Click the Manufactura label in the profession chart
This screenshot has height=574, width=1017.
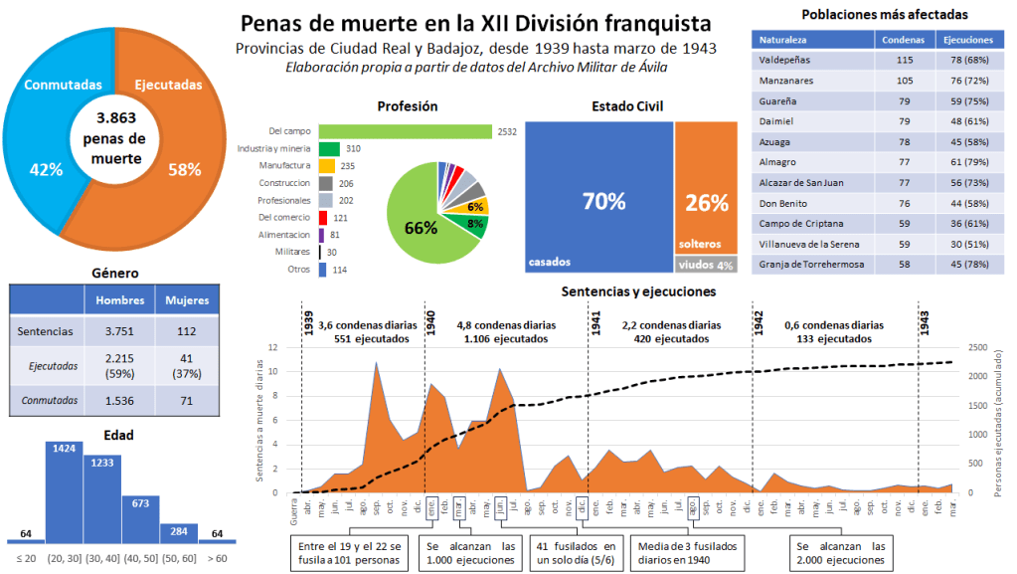click(285, 165)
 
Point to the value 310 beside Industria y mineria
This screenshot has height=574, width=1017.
click(353, 148)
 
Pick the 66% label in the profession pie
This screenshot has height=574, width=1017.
click(421, 227)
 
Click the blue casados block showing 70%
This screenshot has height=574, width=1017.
click(598, 199)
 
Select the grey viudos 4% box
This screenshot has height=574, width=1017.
click(705, 266)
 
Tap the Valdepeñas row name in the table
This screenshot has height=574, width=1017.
click(784, 61)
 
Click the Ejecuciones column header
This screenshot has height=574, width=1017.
click(968, 40)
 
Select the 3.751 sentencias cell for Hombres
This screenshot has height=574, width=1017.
click(121, 332)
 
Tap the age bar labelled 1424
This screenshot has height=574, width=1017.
click(64, 491)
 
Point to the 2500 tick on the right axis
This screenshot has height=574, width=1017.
click(977, 348)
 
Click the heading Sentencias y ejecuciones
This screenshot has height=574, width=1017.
click(637, 291)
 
